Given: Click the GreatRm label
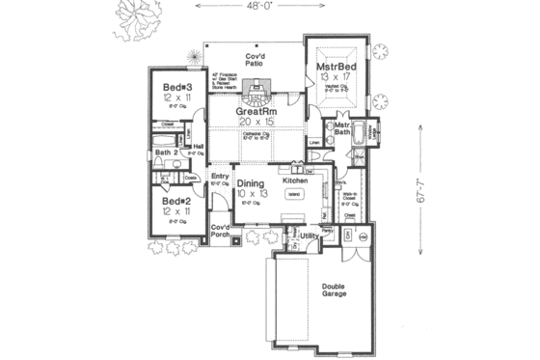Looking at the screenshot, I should (257, 112).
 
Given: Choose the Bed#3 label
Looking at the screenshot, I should (176, 87).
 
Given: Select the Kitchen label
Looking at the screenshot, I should (294, 180).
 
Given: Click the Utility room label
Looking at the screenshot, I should (309, 235).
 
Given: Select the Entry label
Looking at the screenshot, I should (220, 177).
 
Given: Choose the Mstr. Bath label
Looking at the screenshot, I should (340, 129).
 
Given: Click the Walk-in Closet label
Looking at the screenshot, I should (349, 199).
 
